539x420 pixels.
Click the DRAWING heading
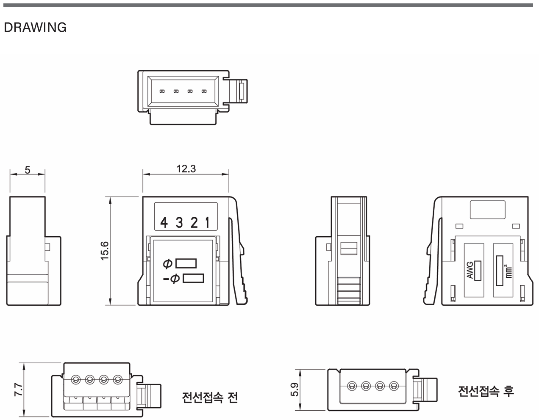[35, 27]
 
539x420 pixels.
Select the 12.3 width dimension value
[186, 169]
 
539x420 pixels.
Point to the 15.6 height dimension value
[105, 251]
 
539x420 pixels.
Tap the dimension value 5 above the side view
[28, 170]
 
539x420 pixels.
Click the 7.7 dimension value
[19, 390]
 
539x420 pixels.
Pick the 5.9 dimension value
[295, 390]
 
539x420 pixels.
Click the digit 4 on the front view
[164, 222]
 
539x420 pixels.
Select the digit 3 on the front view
[179, 222]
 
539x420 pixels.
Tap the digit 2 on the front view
[194, 222]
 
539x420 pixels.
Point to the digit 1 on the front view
[207, 222]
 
